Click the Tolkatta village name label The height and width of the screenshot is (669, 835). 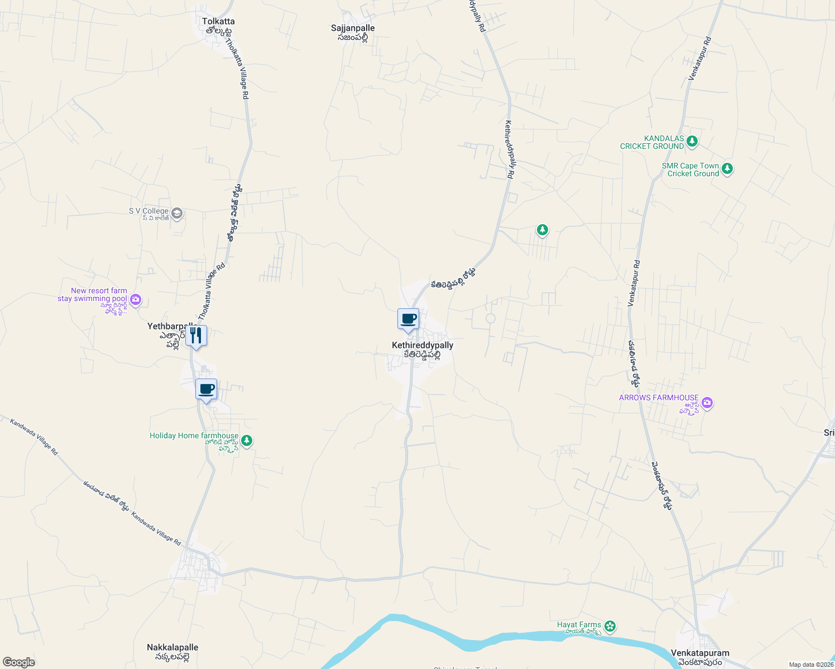(218, 22)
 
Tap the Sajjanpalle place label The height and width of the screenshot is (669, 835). (353, 28)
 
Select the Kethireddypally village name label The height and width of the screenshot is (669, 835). (423, 346)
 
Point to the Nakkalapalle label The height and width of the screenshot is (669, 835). (172, 648)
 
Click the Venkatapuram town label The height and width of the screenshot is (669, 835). (700, 653)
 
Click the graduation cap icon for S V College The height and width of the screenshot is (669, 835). (177, 213)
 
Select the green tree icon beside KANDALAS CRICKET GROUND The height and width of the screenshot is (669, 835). (692, 142)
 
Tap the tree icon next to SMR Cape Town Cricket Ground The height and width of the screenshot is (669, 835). (727, 168)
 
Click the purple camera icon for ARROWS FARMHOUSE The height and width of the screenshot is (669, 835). (707, 403)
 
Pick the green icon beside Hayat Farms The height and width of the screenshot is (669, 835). (610, 626)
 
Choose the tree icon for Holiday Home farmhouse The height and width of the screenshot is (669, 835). (247, 440)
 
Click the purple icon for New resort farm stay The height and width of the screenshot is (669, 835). (135, 300)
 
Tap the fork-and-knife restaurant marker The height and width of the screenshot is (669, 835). (196, 336)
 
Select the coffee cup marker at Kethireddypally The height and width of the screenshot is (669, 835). (408, 319)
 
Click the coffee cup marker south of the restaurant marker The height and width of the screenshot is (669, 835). (206, 389)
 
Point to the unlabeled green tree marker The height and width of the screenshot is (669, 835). (542, 230)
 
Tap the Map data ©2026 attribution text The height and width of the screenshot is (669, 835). (811, 665)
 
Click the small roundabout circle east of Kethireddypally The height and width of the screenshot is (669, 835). (491, 318)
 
